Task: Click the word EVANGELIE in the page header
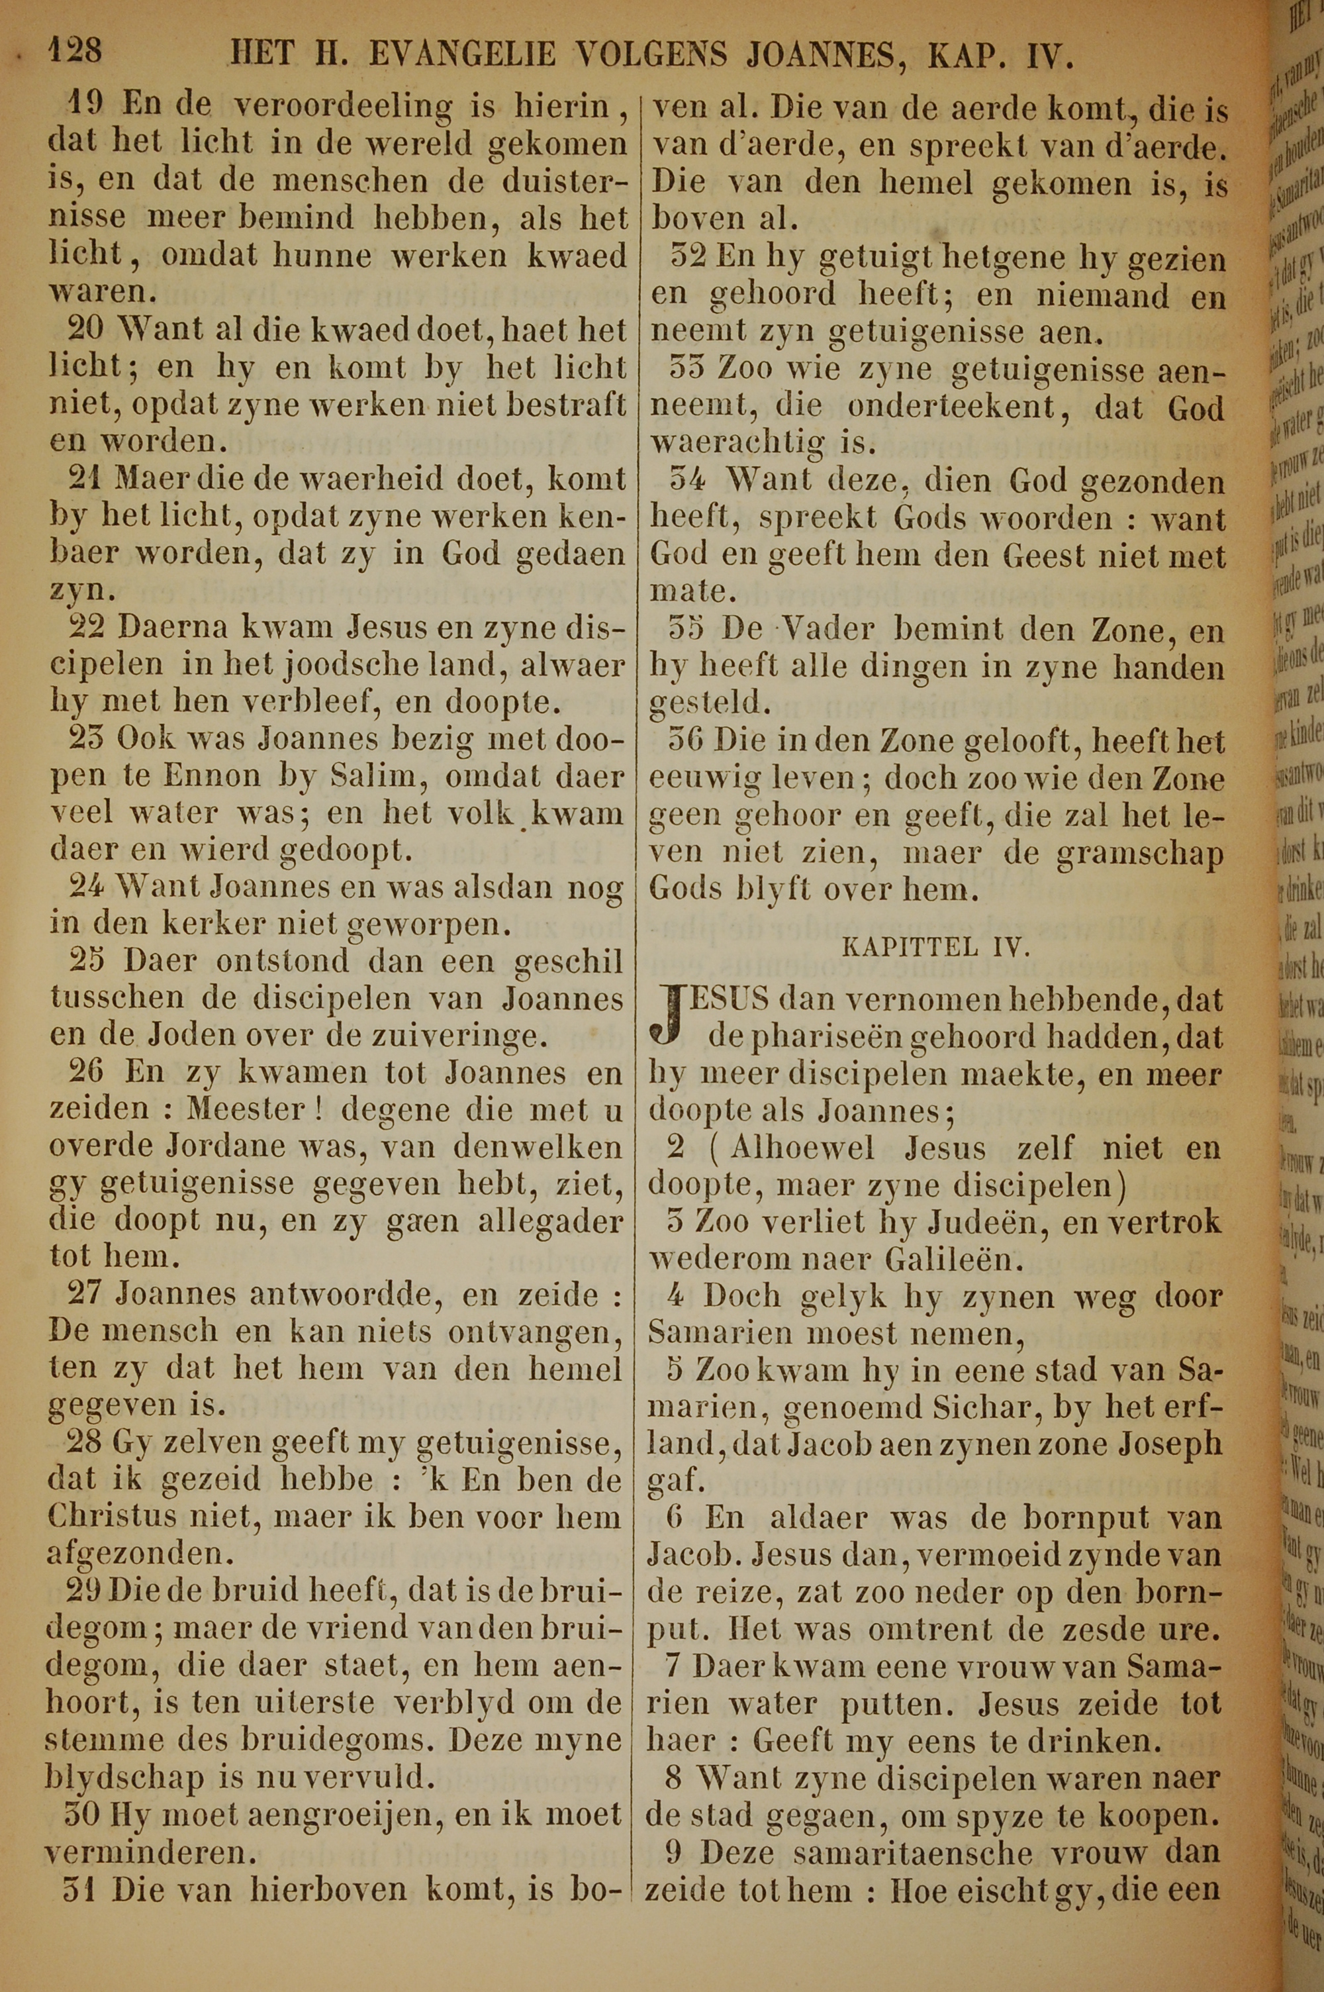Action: [x=463, y=56]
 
